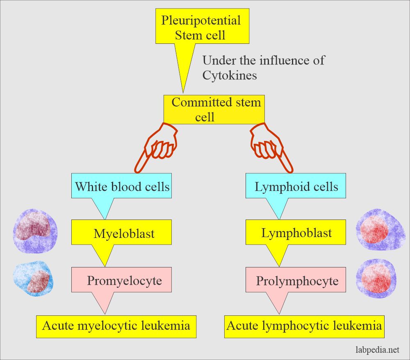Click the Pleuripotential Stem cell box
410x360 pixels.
[x=200, y=27]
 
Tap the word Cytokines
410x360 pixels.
[x=230, y=76]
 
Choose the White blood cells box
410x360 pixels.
[x=122, y=187]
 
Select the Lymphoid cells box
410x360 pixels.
[x=296, y=187]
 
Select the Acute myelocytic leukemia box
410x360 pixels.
[x=116, y=326]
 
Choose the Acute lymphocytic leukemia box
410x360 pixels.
[x=304, y=326]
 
